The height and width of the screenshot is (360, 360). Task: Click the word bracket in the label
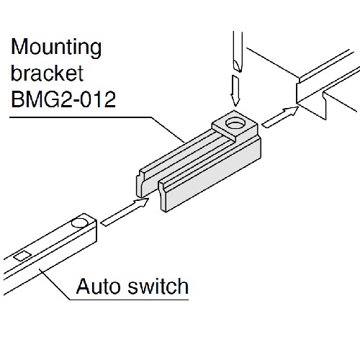pos(44,74)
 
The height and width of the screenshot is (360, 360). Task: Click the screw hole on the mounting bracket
pos(234,125)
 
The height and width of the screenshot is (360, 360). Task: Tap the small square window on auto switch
pos(22,254)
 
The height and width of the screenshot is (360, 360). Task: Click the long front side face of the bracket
pos(209,176)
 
